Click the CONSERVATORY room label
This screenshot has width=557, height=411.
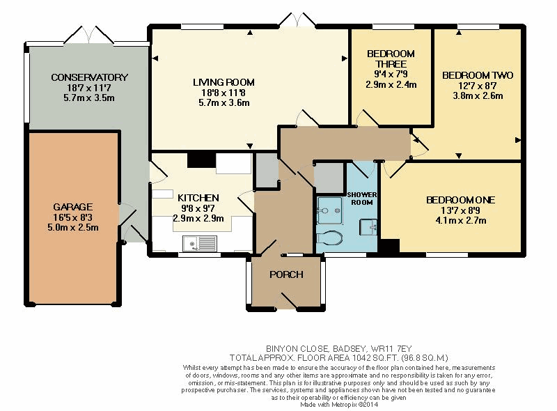(x=89, y=77)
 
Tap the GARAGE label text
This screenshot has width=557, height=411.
(x=73, y=207)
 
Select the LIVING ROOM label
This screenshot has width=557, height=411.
(x=223, y=82)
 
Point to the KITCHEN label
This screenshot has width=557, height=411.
(x=198, y=198)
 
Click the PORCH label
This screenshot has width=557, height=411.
(x=286, y=274)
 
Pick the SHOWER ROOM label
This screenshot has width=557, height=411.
(x=362, y=199)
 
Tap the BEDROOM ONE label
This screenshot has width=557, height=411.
(x=461, y=200)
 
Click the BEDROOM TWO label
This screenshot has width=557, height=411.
(x=478, y=75)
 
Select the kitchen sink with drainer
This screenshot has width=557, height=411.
(x=199, y=244)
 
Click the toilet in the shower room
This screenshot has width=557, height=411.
(x=329, y=238)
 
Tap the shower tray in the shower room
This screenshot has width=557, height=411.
(x=329, y=210)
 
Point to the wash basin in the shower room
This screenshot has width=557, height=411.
(x=368, y=227)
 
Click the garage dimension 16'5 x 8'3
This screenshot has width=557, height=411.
(x=73, y=217)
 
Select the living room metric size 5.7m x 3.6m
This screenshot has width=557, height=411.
(x=223, y=103)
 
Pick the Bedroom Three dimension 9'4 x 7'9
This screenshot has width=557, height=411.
(x=391, y=74)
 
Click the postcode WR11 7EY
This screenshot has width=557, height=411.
(x=391, y=349)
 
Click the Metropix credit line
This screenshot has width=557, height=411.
(x=339, y=405)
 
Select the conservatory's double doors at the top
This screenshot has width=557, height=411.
(x=89, y=36)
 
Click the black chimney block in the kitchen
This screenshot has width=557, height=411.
(x=201, y=160)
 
